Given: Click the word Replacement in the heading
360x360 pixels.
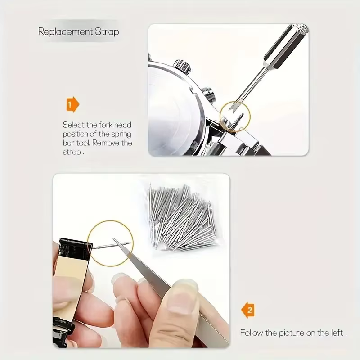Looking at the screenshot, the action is [65, 31].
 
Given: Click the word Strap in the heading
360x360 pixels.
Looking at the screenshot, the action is [107, 31].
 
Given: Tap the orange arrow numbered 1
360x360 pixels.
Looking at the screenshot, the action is [72, 105].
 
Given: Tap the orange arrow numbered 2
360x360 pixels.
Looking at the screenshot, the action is [248, 310].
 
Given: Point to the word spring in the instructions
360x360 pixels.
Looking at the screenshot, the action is [121, 135].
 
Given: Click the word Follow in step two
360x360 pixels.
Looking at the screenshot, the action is [252, 333].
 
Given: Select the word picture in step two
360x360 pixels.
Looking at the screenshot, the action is [292, 333].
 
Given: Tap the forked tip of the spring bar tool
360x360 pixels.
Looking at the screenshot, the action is [234, 106].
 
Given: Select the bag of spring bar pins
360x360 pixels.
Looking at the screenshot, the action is [182, 217].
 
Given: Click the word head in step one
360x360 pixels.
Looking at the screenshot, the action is [122, 125].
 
